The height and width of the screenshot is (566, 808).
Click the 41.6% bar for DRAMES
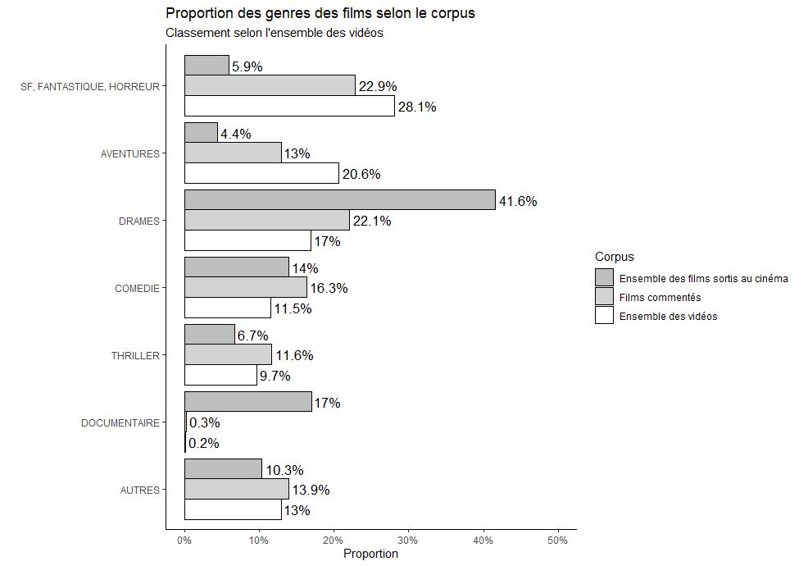click(x=339, y=200)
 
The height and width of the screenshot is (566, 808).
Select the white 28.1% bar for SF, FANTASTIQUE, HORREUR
click(x=289, y=107)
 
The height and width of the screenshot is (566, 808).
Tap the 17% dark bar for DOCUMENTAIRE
click(x=247, y=402)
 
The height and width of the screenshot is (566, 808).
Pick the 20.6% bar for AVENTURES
click(x=261, y=174)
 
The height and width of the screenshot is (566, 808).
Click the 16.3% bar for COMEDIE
click(x=245, y=288)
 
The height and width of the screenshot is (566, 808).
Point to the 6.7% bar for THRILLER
click(x=209, y=335)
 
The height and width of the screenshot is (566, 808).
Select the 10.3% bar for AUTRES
click(x=223, y=469)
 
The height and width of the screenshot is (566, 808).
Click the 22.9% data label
click(x=376, y=87)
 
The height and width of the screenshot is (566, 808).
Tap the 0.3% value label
click(x=204, y=423)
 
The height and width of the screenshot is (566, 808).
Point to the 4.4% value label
click(x=236, y=134)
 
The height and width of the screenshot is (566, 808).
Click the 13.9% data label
click(x=311, y=491)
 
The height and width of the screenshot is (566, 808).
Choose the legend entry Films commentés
click(x=660, y=297)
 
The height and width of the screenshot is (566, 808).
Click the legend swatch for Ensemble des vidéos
click(x=604, y=316)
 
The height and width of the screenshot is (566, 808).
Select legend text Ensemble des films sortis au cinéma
click(x=703, y=278)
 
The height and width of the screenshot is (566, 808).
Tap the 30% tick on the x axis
click(x=408, y=541)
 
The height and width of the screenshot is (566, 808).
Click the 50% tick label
click(x=557, y=541)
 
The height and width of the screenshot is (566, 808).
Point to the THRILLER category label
click(x=135, y=356)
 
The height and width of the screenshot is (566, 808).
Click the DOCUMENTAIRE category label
click(x=120, y=423)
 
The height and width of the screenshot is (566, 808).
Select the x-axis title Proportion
click(x=370, y=555)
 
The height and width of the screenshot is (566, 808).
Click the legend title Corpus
click(x=615, y=258)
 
